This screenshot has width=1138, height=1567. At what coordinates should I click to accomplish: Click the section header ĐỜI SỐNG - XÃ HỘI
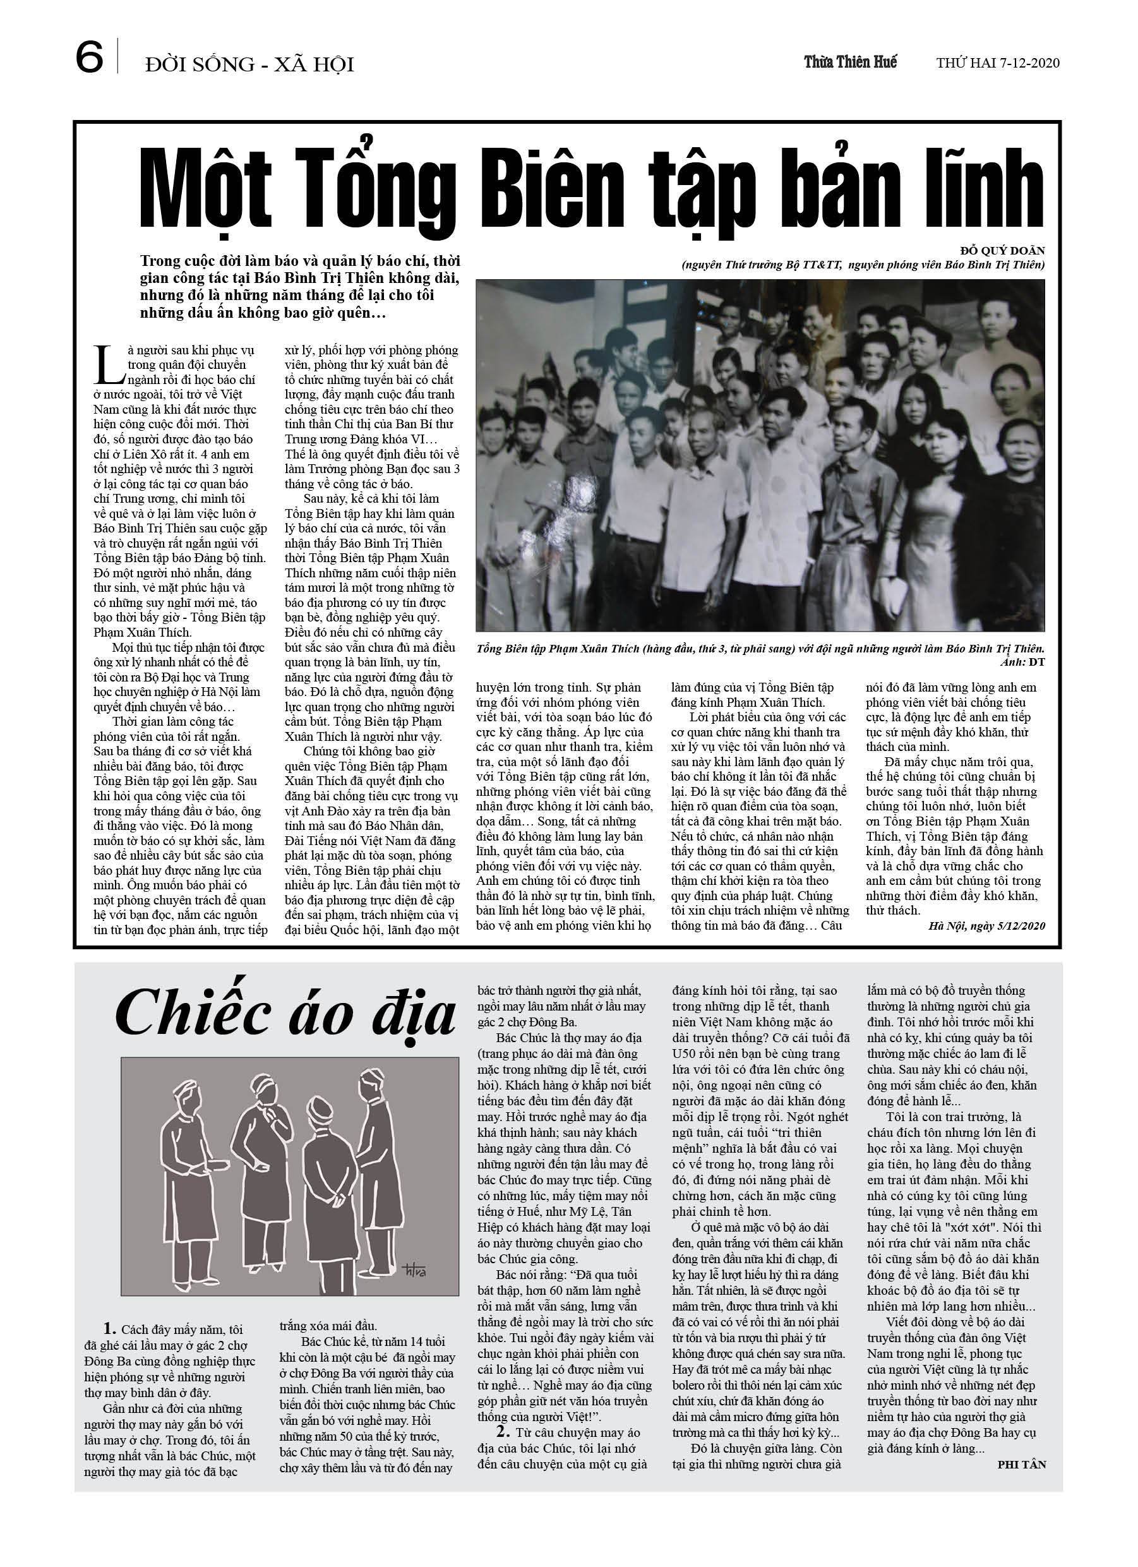[x=249, y=65]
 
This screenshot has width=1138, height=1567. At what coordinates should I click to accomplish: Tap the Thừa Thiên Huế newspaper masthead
[x=850, y=62]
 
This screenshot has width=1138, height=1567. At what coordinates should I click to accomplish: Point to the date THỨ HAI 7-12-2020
[x=998, y=63]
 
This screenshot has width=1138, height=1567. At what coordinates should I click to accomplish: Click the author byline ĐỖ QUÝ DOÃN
[x=1003, y=251]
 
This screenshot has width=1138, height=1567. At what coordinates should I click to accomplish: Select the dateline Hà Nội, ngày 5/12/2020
[x=986, y=926]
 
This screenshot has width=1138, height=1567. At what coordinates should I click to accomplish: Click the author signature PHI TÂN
[x=1021, y=1464]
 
